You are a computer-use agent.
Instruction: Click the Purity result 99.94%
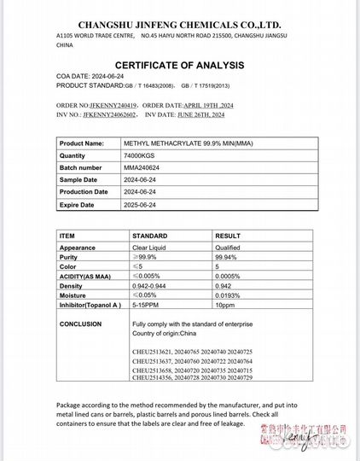(x=227, y=257)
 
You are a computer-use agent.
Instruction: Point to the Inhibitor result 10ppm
(x=225, y=305)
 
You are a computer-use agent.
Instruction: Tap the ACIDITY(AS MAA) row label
(x=87, y=275)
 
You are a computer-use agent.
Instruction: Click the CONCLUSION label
(x=81, y=324)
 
